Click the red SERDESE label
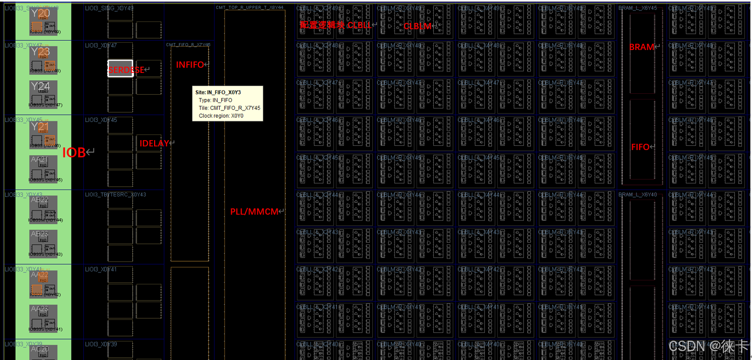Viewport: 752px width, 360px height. (127, 69)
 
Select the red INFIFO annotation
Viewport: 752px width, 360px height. (191, 65)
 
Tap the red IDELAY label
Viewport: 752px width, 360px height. (155, 143)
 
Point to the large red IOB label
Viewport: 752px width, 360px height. (75, 153)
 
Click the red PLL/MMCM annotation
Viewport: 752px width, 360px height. (255, 212)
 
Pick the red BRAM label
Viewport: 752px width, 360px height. (642, 47)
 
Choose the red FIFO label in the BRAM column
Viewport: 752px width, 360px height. (641, 147)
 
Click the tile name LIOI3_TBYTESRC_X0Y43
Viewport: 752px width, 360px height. (116, 194)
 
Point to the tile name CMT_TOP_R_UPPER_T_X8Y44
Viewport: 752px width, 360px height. (249, 7)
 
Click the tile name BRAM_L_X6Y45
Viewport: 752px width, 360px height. (637, 8)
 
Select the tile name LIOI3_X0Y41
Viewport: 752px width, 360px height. (101, 269)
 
